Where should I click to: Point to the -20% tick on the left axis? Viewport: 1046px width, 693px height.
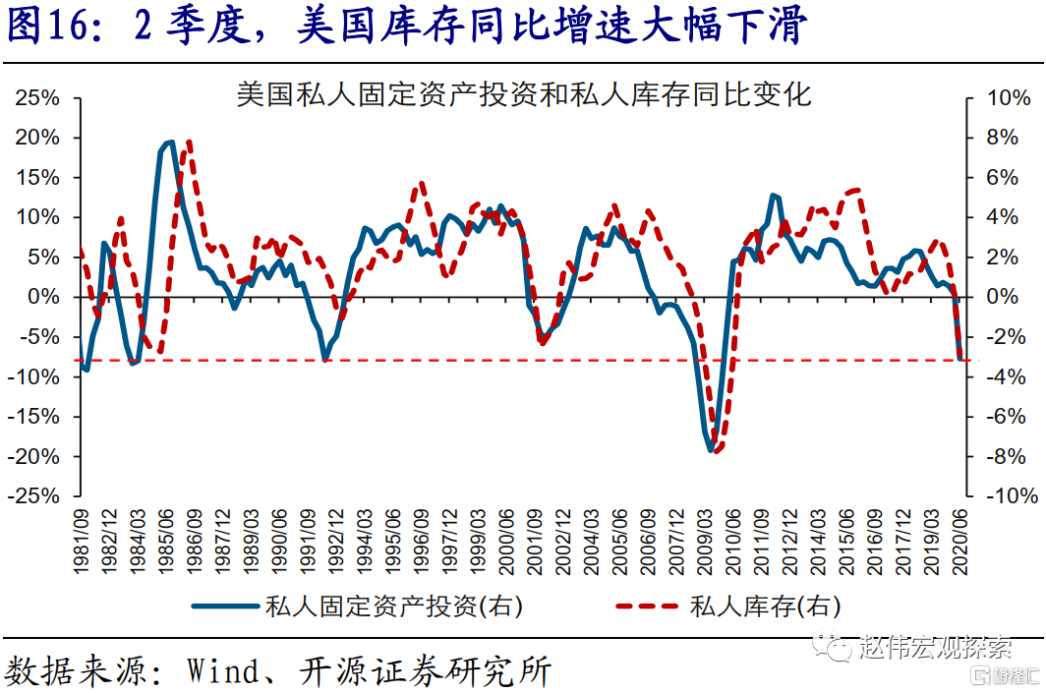(x=37, y=457)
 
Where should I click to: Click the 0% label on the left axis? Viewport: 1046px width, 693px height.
(x=45, y=297)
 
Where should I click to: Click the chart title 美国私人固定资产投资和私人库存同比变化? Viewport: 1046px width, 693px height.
(x=523, y=94)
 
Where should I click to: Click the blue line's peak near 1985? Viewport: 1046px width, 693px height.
(x=169, y=143)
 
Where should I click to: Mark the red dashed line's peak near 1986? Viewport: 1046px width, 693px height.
(x=188, y=141)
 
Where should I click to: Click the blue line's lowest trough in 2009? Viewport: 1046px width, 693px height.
(x=711, y=450)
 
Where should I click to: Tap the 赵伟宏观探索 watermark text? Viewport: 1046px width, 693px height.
(x=934, y=647)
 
